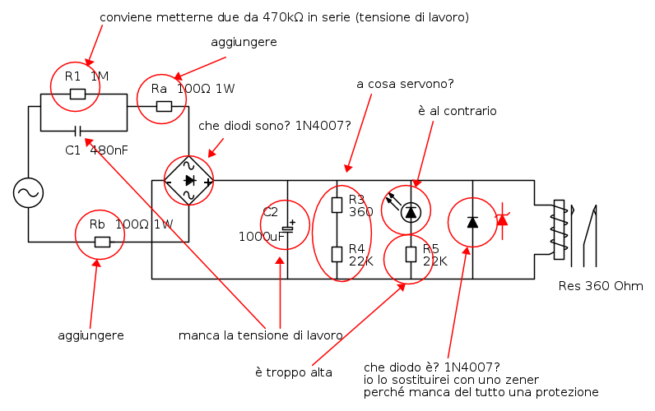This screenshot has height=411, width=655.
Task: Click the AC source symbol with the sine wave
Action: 29,192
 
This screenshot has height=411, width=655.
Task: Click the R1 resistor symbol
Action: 77,94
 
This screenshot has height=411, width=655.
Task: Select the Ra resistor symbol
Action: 164,106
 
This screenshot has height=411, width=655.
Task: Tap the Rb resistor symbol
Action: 102,242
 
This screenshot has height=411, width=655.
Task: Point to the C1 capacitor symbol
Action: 77,132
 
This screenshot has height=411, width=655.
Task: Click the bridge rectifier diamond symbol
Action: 188,181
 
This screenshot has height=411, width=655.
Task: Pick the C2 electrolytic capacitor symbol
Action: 288,227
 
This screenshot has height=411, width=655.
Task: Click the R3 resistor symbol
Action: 337,205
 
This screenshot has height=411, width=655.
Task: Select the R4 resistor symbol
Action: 337,254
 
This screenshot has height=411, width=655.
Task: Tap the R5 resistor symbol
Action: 411,254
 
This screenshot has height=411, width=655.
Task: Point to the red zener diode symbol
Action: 502,220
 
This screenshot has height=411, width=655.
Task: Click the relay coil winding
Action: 560,229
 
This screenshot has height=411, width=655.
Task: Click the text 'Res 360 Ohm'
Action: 601,286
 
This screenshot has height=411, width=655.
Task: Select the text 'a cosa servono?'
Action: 405,84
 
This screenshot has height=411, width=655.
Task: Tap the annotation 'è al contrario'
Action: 458,111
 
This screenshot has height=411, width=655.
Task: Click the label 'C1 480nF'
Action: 96,150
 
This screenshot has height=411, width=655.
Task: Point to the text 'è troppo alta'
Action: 294,372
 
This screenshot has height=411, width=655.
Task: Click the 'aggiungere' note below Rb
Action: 91,336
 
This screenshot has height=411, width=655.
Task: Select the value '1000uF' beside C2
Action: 262,237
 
